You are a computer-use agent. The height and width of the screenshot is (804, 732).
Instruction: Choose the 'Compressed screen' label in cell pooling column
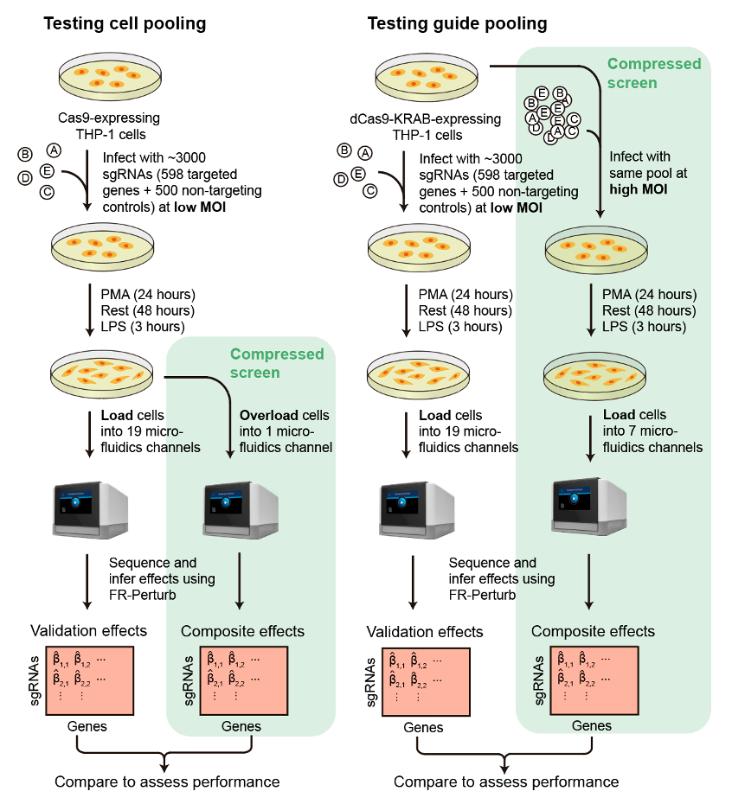coord(276,363)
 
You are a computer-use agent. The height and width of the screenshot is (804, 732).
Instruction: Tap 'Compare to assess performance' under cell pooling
coord(167,782)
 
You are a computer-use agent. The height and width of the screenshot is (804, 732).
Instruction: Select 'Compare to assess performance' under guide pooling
coord(506,782)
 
